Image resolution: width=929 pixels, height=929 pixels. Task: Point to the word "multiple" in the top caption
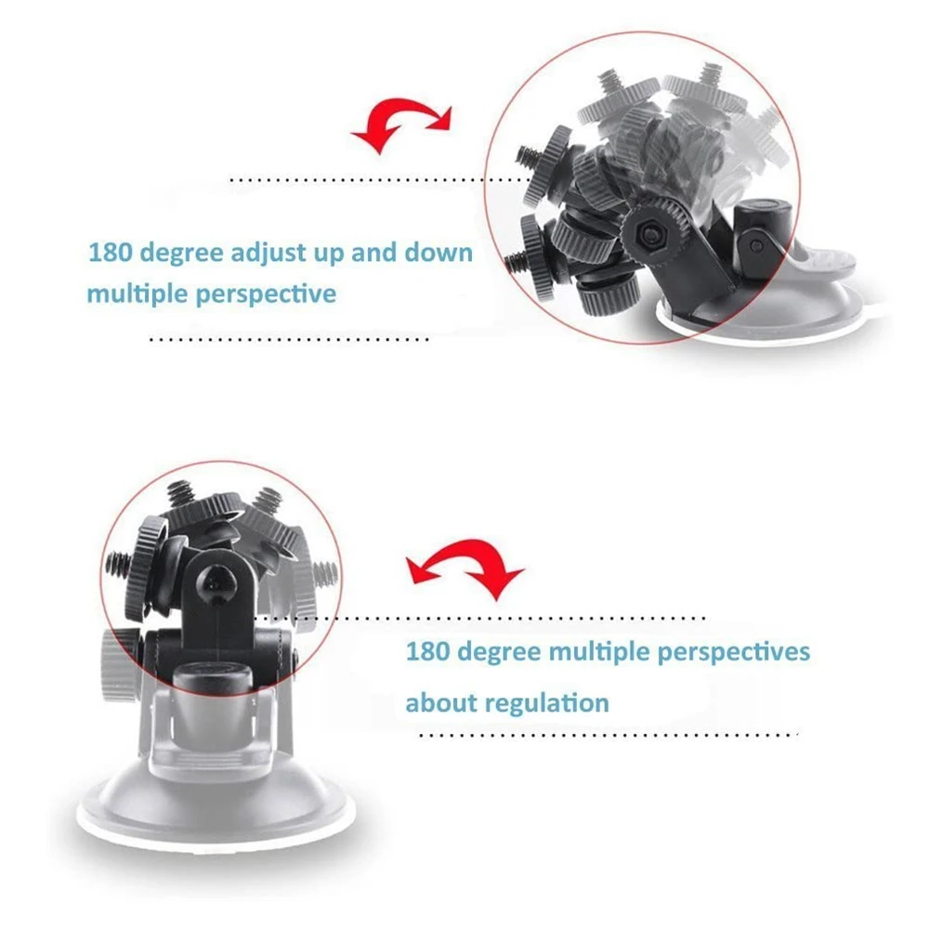point(136,294)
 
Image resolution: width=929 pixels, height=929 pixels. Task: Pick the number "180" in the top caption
point(108,253)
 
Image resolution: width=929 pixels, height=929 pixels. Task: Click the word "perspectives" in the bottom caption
point(734,652)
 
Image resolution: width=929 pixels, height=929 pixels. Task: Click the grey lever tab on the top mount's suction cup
point(818,260)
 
